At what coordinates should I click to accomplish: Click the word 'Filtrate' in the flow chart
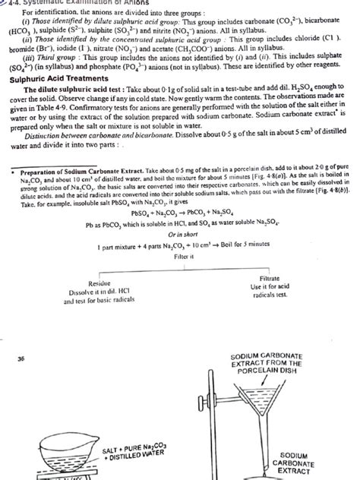(x=271, y=299)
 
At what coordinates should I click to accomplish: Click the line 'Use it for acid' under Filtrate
(x=271, y=309)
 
